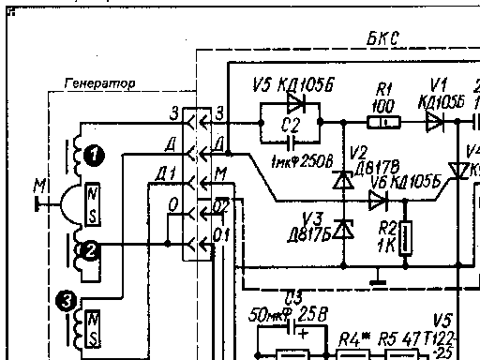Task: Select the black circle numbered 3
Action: point(63,302)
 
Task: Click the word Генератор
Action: point(99,83)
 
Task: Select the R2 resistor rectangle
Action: point(404,238)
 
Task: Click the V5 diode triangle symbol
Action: point(297,103)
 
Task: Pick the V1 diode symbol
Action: point(433,122)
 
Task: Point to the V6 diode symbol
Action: point(378,200)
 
